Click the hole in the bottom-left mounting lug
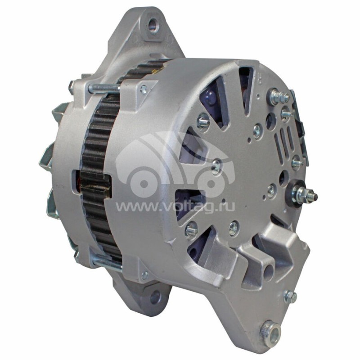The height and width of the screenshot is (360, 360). tap(155, 297)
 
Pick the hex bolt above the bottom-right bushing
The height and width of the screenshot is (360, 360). tap(290, 296)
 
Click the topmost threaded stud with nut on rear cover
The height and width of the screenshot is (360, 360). tap(278, 96)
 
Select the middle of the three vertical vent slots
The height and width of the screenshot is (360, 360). tap(283, 140)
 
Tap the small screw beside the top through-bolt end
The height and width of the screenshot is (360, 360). tap(144, 90)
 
